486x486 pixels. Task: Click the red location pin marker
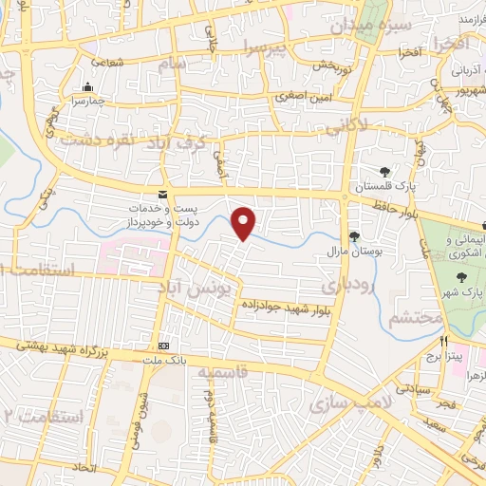point(245,223)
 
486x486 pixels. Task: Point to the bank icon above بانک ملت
point(164,345)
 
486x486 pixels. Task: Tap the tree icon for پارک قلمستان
point(383,172)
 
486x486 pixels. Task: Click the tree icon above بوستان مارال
point(354,235)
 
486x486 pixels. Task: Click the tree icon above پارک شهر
point(462,277)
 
